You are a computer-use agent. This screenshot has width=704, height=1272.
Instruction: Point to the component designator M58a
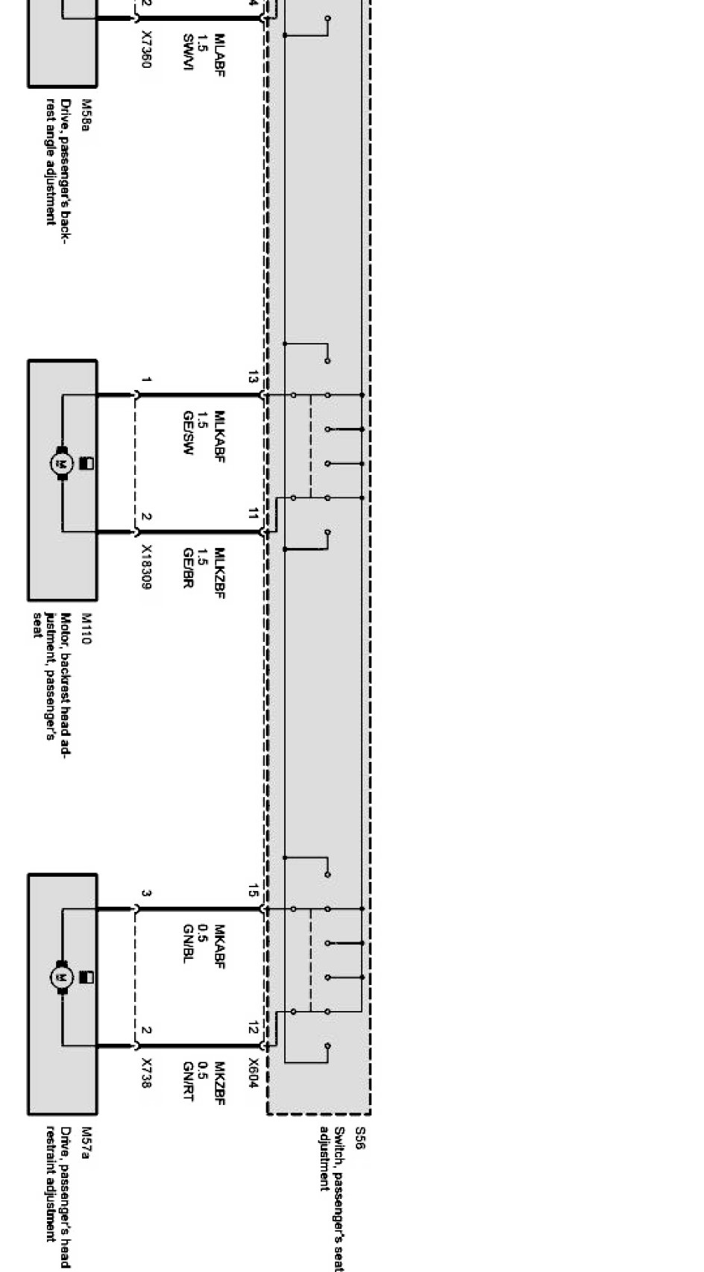click(85, 116)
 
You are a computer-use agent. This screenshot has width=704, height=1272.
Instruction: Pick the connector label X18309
click(147, 567)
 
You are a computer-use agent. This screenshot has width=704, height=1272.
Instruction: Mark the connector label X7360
click(147, 51)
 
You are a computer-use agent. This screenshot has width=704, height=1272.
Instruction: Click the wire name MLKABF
click(219, 435)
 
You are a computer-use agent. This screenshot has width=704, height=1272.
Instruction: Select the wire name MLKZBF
click(219, 573)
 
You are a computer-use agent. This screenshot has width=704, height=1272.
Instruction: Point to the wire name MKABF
click(219, 947)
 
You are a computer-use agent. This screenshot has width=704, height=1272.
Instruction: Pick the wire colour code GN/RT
click(188, 1082)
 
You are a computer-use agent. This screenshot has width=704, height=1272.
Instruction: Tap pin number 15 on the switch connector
click(254, 890)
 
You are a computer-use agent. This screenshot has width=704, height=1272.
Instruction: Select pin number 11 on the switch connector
click(254, 514)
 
